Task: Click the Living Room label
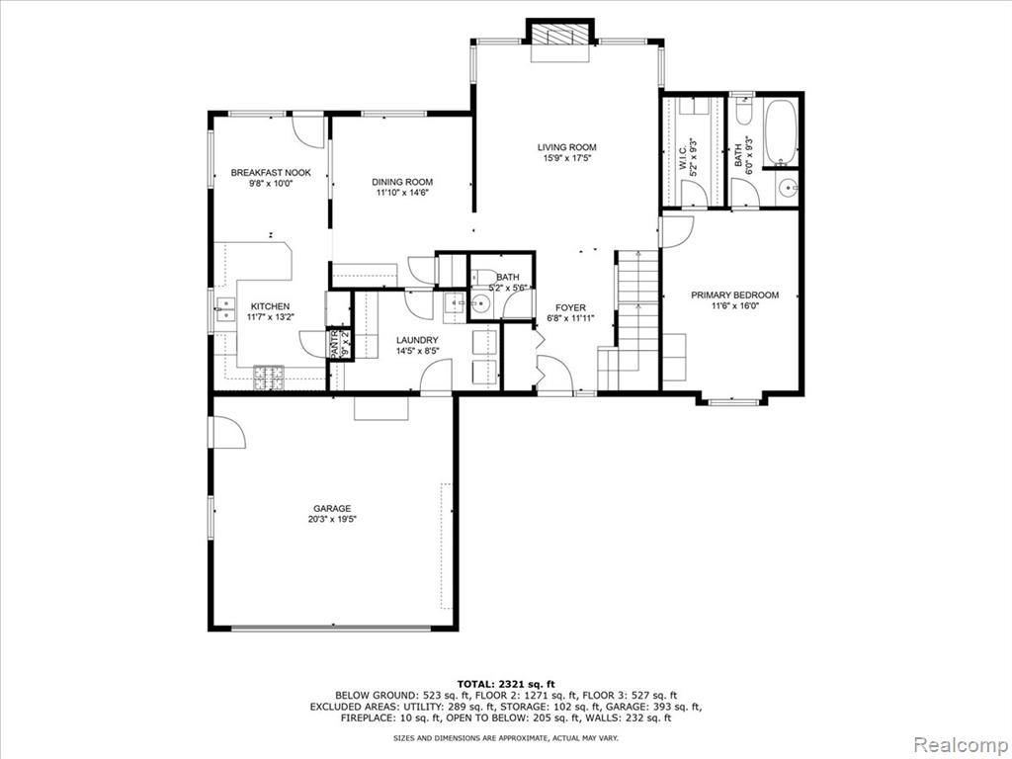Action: [x=566, y=147]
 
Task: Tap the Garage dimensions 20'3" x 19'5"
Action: [x=332, y=519]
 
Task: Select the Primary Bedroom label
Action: [x=734, y=295]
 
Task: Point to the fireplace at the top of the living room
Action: [x=560, y=40]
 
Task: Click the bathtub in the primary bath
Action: [x=781, y=133]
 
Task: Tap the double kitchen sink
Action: [x=225, y=309]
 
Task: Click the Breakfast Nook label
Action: [x=271, y=172]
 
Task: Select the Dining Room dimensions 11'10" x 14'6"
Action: [x=402, y=193]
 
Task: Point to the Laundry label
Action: [x=417, y=340]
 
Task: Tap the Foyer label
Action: [x=570, y=308]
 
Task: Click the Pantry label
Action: [x=334, y=345]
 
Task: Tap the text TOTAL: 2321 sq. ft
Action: [x=506, y=684]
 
